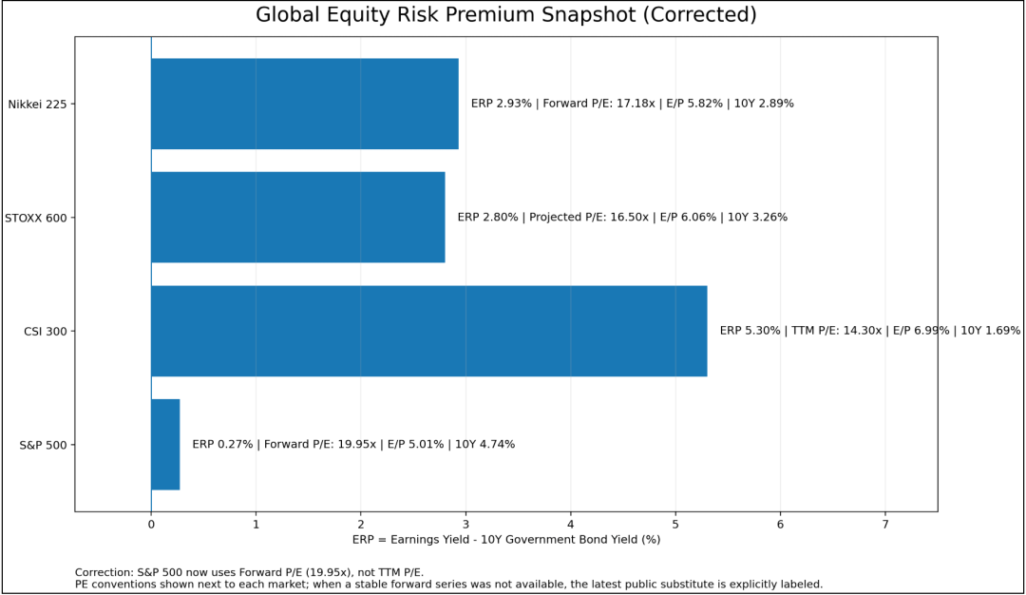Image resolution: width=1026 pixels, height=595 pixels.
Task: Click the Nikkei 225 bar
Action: click(305, 104)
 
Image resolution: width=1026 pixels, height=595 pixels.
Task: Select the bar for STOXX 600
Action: click(297, 218)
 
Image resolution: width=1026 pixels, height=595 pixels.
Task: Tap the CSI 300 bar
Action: click(429, 331)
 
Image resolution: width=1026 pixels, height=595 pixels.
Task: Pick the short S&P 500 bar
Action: click(165, 445)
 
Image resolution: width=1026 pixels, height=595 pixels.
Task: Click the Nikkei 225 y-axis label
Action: click(37, 104)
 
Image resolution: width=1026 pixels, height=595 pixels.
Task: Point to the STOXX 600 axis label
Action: click(36, 218)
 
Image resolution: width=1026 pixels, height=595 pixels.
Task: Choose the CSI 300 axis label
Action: click(46, 331)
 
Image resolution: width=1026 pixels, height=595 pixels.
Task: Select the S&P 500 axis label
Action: click(43, 445)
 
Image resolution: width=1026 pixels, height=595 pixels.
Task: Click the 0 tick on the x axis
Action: click(151, 525)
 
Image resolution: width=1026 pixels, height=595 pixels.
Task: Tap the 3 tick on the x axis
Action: click(465, 525)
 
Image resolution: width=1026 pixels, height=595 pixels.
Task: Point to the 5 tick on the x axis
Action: click(676, 525)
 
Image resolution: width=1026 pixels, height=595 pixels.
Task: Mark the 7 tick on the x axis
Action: click(885, 525)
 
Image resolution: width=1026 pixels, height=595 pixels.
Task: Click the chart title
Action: click(505, 14)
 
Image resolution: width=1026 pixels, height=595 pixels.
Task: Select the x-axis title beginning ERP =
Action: click(505, 540)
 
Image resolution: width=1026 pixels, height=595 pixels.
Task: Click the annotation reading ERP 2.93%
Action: click(632, 104)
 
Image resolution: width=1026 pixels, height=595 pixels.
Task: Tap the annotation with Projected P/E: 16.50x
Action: click(622, 218)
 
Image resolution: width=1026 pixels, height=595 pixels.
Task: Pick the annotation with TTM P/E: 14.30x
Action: click(870, 331)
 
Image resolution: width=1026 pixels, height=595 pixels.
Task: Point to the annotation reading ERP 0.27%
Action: click(353, 445)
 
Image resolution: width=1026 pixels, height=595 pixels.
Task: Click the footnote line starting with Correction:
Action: click(249, 573)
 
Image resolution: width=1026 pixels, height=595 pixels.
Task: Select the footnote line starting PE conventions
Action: click(448, 585)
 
